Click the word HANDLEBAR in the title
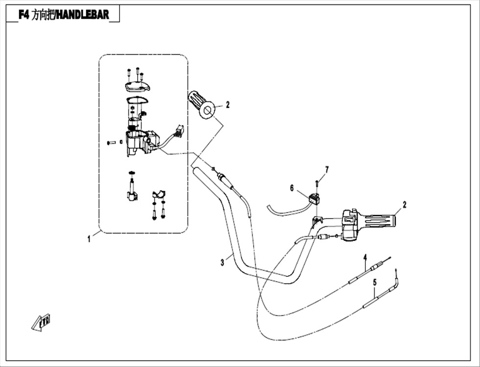(x=83, y=15)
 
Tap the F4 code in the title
(x=24, y=15)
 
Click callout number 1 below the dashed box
(x=89, y=239)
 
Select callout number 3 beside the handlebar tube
(x=222, y=263)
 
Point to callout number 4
(x=365, y=257)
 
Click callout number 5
(x=375, y=283)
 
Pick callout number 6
(x=292, y=188)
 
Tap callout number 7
(x=327, y=170)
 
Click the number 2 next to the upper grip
(x=227, y=105)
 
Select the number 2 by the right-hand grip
(x=405, y=205)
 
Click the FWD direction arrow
(x=41, y=322)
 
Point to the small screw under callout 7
(x=317, y=183)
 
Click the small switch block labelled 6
(x=314, y=199)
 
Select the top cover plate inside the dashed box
(x=138, y=86)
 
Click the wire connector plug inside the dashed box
(x=179, y=130)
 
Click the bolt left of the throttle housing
(x=111, y=143)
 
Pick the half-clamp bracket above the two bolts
(x=159, y=194)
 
